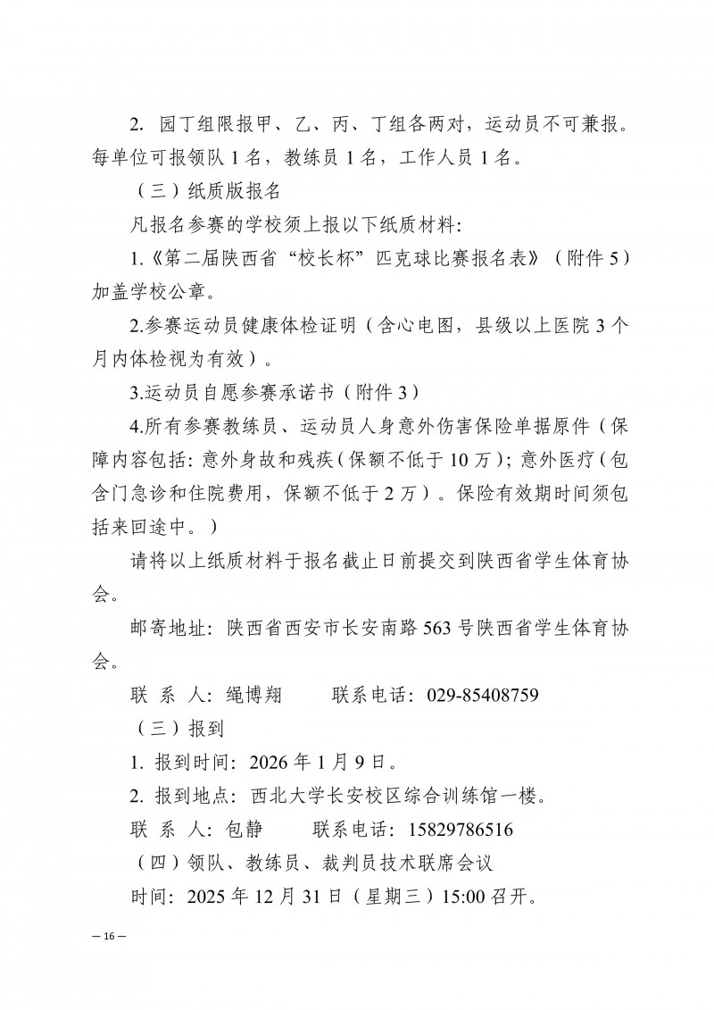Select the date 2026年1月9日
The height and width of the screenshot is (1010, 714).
pos(322,762)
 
